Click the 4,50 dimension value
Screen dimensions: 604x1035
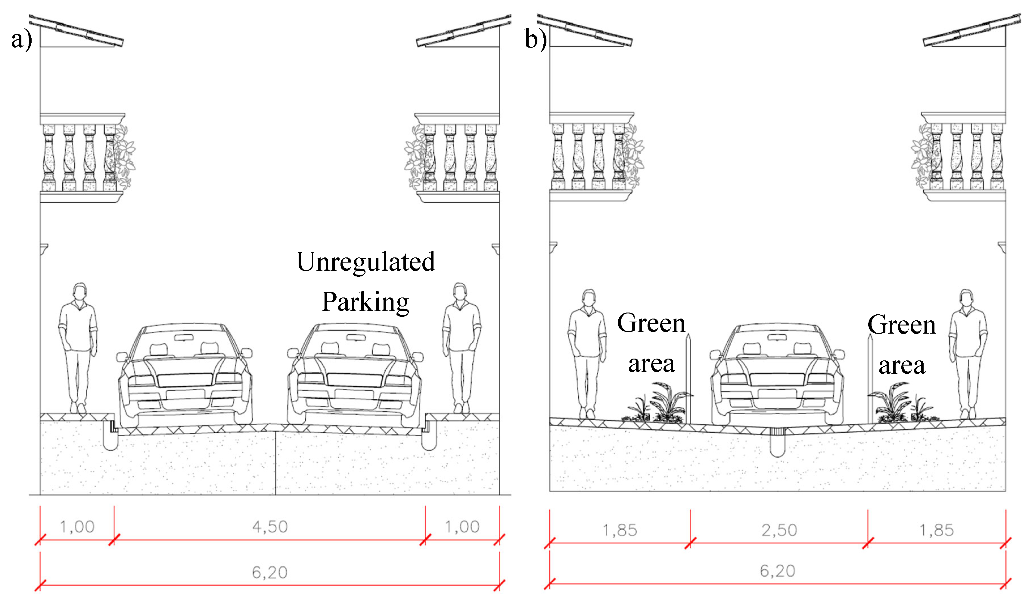pyautogui.click(x=270, y=527)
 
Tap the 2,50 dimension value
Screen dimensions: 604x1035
pyautogui.click(x=779, y=530)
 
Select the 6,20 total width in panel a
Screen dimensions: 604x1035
pyautogui.click(x=269, y=572)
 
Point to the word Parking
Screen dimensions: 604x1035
pyautogui.click(x=365, y=302)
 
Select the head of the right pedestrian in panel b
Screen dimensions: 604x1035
pyautogui.click(x=966, y=298)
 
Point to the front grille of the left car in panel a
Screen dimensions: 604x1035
pyautogui.click(x=185, y=380)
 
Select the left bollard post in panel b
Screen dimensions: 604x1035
pyautogui.click(x=688, y=378)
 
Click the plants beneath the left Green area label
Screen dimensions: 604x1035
pyautogui.click(x=657, y=405)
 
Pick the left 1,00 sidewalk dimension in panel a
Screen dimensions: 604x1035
pyautogui.click(x=77, y=527)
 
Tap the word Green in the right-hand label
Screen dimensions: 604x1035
pyautogui.click(x=902, y=325)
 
